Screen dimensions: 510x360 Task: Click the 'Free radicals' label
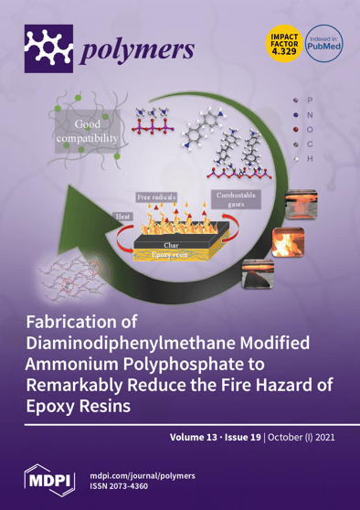point(158,196)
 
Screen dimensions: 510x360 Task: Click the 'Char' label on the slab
point(172,246)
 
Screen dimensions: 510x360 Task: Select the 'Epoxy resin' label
point(171,257)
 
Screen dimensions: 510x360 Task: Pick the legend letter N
point(311,114)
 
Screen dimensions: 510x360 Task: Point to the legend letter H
point(311,159)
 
